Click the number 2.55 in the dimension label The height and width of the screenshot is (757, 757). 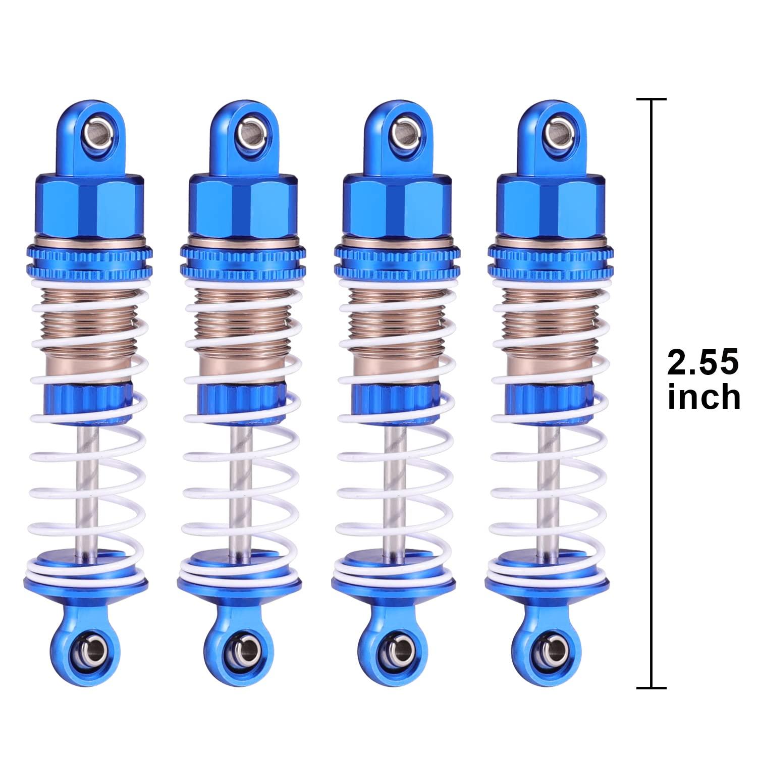[703, 363]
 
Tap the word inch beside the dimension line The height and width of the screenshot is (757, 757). [704, 398]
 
